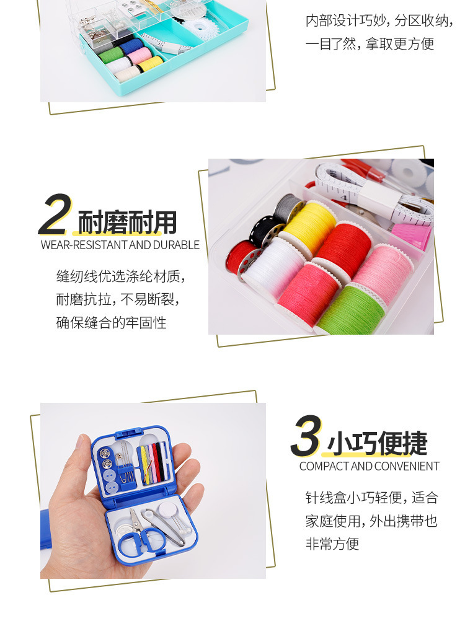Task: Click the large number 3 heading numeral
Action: pos(306,436)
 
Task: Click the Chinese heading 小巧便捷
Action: pos(378,444)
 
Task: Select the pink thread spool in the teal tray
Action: pos(139,55)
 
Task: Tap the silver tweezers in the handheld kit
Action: pos(164,527)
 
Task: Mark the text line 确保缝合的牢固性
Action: pos(111,322)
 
